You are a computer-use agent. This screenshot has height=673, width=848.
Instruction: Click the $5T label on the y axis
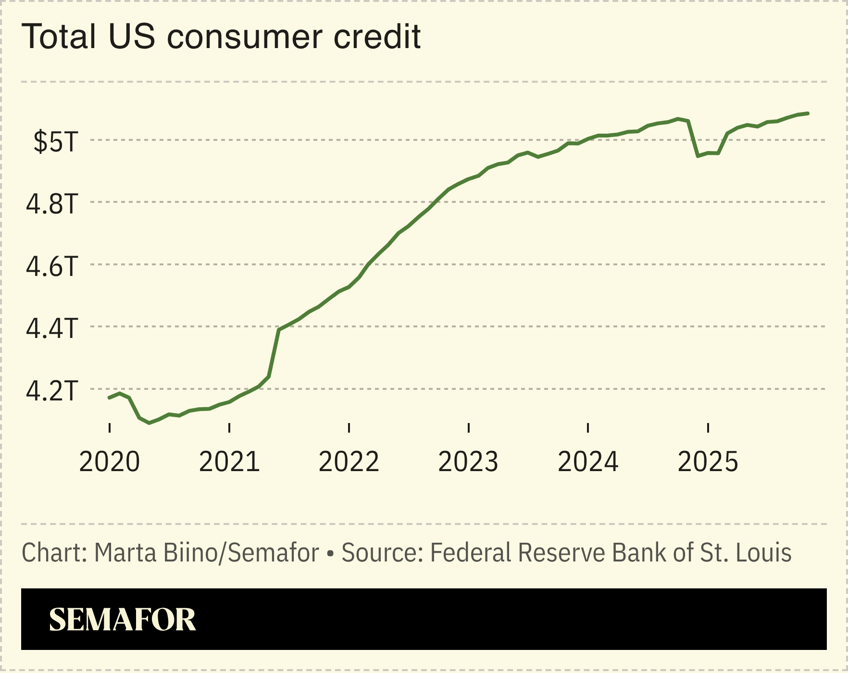55,142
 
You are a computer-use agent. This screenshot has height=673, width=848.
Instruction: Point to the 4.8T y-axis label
51,204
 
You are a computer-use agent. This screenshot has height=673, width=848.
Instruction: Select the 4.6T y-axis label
51,266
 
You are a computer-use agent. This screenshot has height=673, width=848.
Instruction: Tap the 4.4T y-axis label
51,328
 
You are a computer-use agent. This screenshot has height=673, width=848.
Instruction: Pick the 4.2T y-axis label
51,390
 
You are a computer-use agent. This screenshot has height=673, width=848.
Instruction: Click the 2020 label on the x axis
110,462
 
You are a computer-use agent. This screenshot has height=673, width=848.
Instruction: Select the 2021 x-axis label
229,462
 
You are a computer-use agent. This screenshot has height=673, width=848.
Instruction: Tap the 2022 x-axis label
349,462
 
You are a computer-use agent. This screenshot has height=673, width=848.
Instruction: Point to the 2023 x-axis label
468,462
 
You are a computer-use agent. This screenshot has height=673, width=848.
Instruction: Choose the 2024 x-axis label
588,462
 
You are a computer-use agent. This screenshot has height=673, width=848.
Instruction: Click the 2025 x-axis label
708,462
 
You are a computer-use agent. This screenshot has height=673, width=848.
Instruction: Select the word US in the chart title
132,37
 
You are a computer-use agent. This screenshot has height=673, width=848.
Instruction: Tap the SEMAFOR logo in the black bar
123,619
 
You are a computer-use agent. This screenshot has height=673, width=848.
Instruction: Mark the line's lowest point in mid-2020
150,423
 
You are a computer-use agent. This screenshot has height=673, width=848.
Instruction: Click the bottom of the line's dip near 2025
698,156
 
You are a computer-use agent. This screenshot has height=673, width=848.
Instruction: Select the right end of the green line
808,113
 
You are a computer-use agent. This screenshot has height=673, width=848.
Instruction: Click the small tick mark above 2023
468,428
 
